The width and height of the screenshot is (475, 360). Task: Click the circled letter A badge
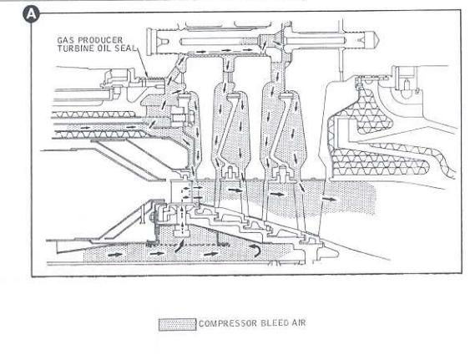tap(32, 14)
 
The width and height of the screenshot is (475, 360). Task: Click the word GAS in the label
tap(64, 40)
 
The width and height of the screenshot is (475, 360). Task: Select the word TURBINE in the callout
tap(75, 48)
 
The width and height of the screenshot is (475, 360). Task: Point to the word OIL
tap(104, 48)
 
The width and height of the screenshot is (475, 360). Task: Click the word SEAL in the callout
tap(125, 48)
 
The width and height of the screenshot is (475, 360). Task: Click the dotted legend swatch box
tap(178, 325)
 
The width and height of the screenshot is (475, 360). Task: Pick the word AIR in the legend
tap(299, 322)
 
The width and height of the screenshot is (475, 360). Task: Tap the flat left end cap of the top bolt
tap(149, 42)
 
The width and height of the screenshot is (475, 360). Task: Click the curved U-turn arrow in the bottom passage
tap(255, 251)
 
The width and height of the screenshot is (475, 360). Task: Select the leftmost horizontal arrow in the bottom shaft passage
tap(115, 255)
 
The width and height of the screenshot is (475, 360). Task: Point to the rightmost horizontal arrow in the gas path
tap(329, 199)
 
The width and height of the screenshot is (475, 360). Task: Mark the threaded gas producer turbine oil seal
tap(153, 81)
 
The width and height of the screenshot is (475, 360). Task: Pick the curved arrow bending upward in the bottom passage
tap(179, 246)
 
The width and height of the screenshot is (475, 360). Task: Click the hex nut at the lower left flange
tap(152, 217)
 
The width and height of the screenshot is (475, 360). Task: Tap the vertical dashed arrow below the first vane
tap(182, 219)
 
